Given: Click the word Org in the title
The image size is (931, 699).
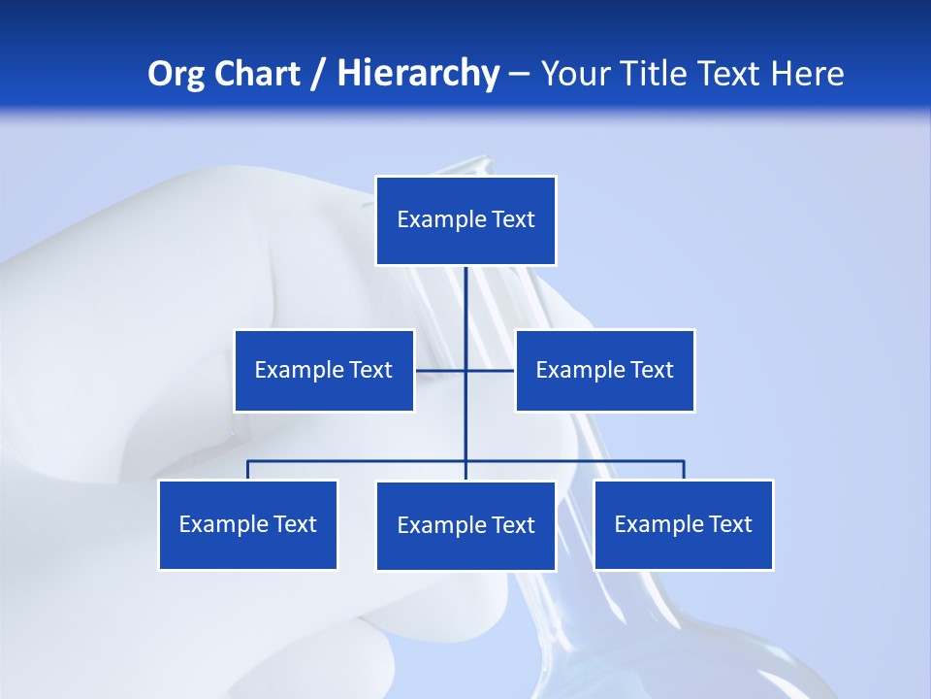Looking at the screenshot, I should [x=176, y=74].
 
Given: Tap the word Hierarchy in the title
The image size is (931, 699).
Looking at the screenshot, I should [x=417, y=74].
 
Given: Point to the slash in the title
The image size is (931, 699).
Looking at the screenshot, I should [x=318, y=74].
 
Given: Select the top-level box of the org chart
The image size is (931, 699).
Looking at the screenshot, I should [x=465, y=220].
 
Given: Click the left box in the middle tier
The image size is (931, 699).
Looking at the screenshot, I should [x=324, y=370].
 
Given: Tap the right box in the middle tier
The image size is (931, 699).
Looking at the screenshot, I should [x=605, y=370].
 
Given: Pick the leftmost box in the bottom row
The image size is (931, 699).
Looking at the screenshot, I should [x=247, y=524].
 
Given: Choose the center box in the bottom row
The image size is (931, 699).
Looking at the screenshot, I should [x=465, y=525].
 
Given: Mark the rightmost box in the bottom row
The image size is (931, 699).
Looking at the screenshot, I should [x=684, y=524].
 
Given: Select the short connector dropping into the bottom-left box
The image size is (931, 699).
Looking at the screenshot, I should [x=247, y=470].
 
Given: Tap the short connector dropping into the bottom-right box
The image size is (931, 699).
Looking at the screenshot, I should [x=684, y=470].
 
